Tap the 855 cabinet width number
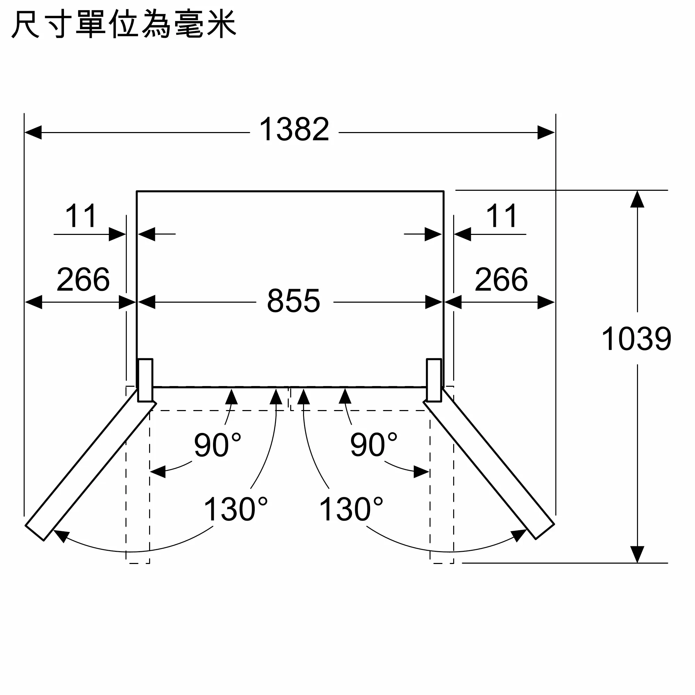click(294, 301)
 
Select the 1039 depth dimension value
click(636, 338)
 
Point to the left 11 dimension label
click(81, 216)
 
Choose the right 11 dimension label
click(502, 216)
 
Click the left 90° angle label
click(217, 445)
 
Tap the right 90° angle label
click(374, 445)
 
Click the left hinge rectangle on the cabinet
click(145, 380)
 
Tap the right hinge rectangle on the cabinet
click(434, 380)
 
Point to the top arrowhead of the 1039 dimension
click(637, 199)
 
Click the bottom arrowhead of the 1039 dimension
click(637, 554)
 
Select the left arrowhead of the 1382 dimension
click(33, 132)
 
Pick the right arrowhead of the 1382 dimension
click(546, 132)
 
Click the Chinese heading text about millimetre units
click(124, 24)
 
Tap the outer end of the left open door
click(34, 533)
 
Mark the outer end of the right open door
click(545, 532)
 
